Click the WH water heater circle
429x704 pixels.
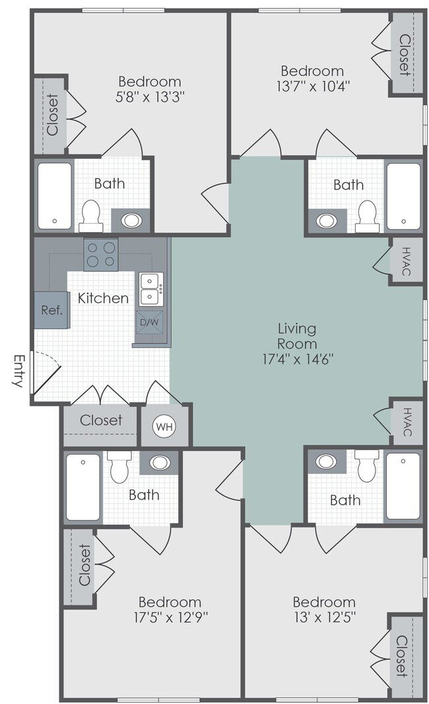[164, 426]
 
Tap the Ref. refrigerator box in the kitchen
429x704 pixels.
[51, 310]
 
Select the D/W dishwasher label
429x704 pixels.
[149, 323]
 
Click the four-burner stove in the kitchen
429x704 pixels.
[100, 254]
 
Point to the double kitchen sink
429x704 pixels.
[150, 288]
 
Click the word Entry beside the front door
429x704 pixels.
[18, 371]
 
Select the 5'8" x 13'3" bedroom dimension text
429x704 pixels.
[149, 98]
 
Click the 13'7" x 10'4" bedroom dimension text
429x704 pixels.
[312, 86]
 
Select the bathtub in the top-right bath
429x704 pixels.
[403, 195]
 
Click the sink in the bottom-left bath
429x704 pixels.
[159, 463]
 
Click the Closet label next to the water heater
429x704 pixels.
[101, 420]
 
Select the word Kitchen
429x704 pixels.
[103, 298]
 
